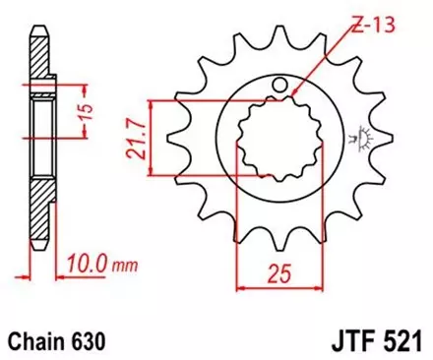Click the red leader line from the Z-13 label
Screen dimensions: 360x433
[x=325, y=60]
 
